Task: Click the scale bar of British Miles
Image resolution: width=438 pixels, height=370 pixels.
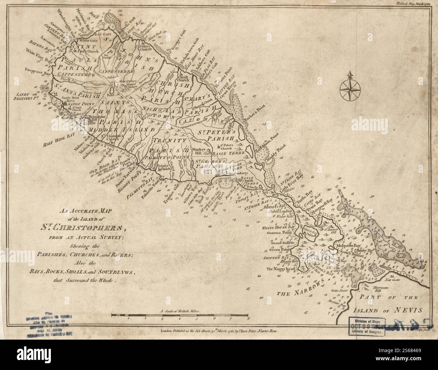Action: tap(180, 316)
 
